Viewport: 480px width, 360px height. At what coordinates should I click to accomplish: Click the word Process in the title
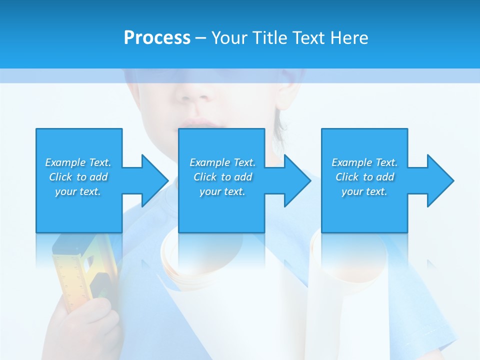pos(157,38)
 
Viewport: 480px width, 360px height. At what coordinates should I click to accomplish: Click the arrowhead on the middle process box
pos(294,180)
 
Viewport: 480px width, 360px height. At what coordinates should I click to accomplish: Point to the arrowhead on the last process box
pos(437,180)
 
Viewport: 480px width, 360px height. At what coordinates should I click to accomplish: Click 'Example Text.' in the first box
pos(78,162)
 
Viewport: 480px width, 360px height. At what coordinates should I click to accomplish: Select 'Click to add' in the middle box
pos(222,177)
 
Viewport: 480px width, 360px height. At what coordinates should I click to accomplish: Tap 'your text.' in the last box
pos(364,191)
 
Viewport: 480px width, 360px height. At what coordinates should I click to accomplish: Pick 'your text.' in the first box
pos(78,191)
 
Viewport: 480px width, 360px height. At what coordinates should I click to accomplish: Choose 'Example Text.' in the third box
pos(364,162)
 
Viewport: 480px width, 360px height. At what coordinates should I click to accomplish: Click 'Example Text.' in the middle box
pos(222,162)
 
